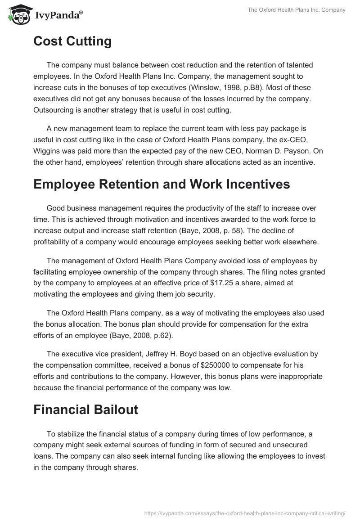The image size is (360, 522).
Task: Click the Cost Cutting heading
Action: pos(72,41)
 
